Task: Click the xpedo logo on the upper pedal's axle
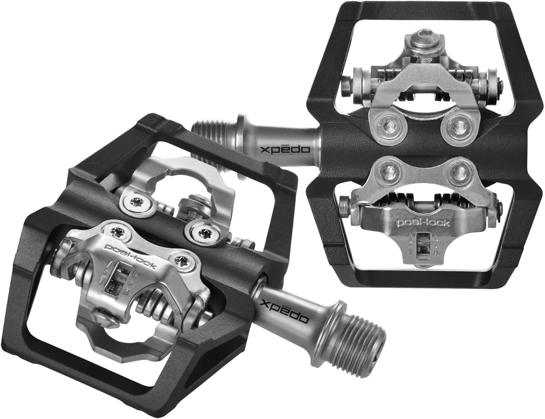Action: [x=285, y=149]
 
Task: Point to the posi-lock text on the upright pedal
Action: [x=423, y=222]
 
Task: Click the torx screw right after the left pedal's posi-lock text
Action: [x=180, y=261]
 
